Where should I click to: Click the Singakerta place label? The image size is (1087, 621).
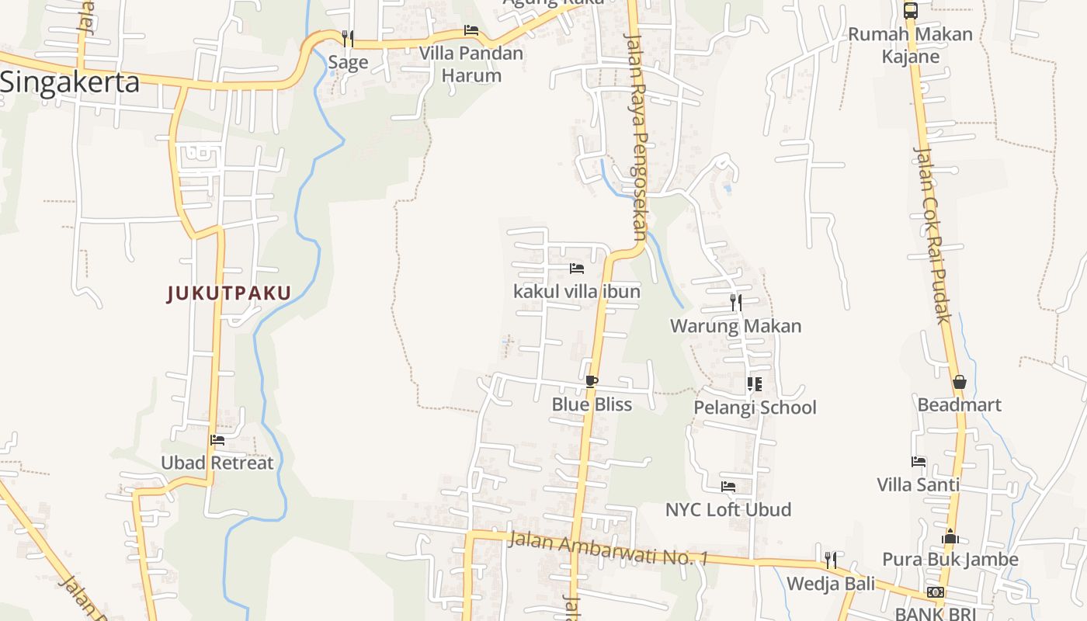pos(70,82)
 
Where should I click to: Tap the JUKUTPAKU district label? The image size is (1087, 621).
pos(229,293)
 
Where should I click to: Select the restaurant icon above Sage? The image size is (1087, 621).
pos(348,37)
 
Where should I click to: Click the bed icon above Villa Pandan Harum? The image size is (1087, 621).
pos(471,30)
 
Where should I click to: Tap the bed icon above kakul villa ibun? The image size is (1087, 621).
pos(577,269)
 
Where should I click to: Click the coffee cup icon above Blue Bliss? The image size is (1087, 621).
pos(592,381)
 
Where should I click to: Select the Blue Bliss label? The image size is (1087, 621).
pos(592,404)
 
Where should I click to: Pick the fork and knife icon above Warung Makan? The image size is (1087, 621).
pos(736,302)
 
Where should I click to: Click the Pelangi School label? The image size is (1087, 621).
pos(755,408)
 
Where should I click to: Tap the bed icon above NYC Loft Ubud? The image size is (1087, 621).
pos(728,487)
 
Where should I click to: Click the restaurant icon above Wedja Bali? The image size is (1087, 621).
pos(831,560)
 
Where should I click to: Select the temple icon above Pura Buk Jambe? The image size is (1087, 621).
pos(950,536)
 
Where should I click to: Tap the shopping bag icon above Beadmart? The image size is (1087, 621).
pos(960,382)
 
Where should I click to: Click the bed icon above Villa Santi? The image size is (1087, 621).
pos(919,461)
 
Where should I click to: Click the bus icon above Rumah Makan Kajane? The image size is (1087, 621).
pos(911,11)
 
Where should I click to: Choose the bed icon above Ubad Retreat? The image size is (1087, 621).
pos(217,439)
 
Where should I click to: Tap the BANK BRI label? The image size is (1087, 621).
pos(936,613)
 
